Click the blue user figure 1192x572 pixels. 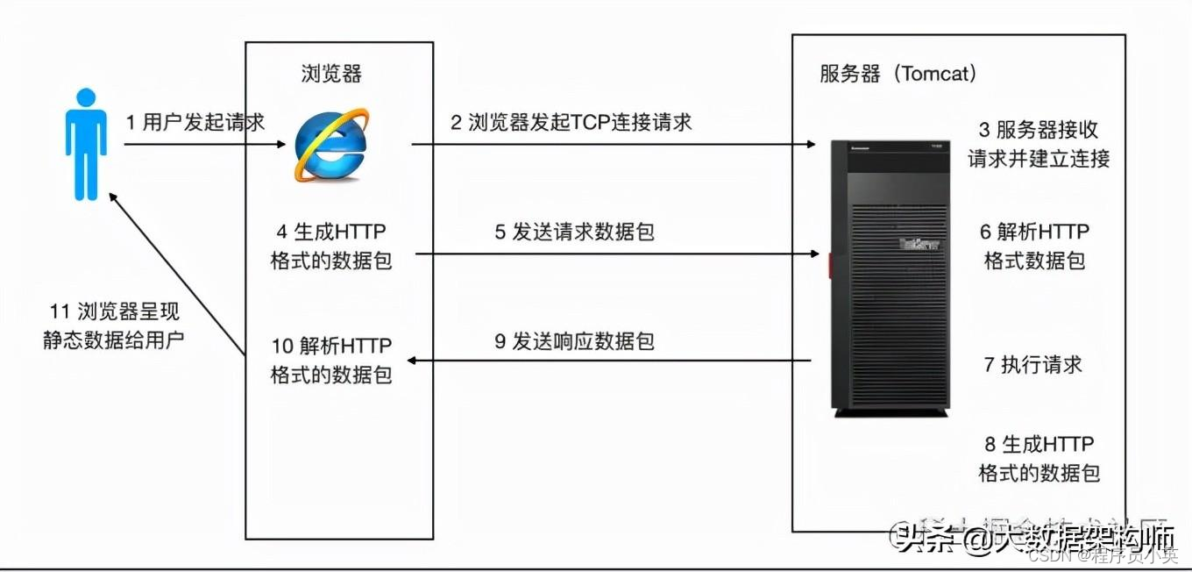pyautogui.click(x=86, y=144)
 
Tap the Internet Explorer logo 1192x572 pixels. pyautogui.click(x=330, y=145)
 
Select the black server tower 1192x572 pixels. pyautogui.click(x=890, y=276)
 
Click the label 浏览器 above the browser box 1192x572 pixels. pyautogui.click(x=331, y=74)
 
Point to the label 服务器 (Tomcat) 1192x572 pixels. pyautogui.click(x=898, y=74)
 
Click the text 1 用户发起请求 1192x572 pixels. pyautogui.click(x=195, y=122)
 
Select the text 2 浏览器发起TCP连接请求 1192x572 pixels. pyautogui.click(x=571, y=122)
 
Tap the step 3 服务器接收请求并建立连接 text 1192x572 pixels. pyautogui.click(x=1039, y=144)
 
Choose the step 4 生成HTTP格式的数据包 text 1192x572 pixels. pyautogui.click(x=331, y=246)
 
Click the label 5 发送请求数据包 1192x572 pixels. pyautogui.click(x=574, y=232)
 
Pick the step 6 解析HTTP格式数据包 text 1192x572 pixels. pyautogui.click(x=1034, y=246)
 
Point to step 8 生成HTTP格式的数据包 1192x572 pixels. pyautogui.click(x=1039, y=458)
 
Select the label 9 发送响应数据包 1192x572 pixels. pyautogui.click(x=574, y=341)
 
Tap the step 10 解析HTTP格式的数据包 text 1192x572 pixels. pyautogui.click(x=331, y=359)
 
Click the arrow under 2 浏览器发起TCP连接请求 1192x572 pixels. pyautogui.click(x=614, y=144)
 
